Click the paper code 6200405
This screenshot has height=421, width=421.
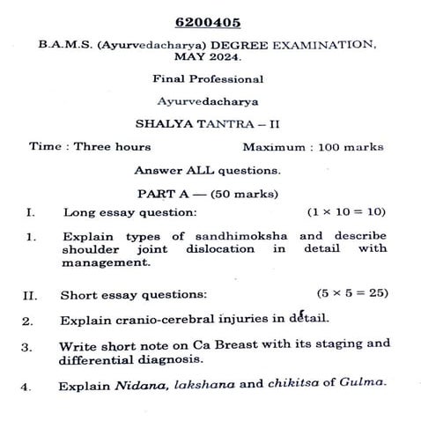point(210,21)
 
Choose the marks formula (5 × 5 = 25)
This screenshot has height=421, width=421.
point(351,293)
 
